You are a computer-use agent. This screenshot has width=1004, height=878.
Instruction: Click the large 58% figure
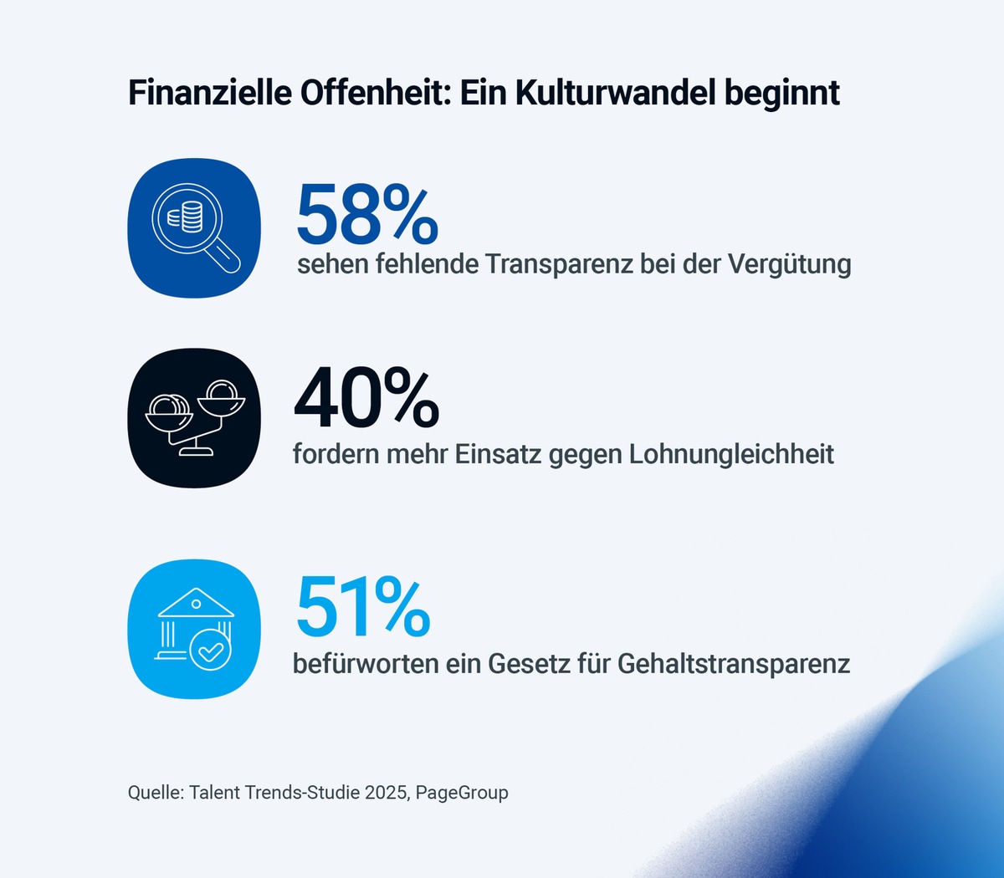click(x=366, y=215)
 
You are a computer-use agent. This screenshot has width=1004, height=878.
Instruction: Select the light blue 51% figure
click(x=363, y=606)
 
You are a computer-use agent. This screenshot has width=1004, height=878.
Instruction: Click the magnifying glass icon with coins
click(x=194, y=227)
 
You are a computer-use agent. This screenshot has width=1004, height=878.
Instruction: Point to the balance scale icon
click(x=194, y=417)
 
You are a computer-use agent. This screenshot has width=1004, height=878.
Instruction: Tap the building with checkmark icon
click(x=194, y=629)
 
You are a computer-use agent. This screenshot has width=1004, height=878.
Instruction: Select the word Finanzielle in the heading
click(x=210, y=93)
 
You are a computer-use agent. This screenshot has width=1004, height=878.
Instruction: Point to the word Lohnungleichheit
click(x=731, y=454)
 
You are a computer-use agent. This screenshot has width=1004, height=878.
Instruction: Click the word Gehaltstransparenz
click(x=734, y=664)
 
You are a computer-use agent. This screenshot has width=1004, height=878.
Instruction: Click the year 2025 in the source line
click(x=386, y=792)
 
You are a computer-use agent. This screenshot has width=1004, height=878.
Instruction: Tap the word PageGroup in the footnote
click(x=462, y=792)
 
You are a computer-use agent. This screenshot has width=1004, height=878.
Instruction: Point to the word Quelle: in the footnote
click(x=156, y=792)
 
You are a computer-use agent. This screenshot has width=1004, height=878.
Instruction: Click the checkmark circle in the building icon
click(x=210, y=650)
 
